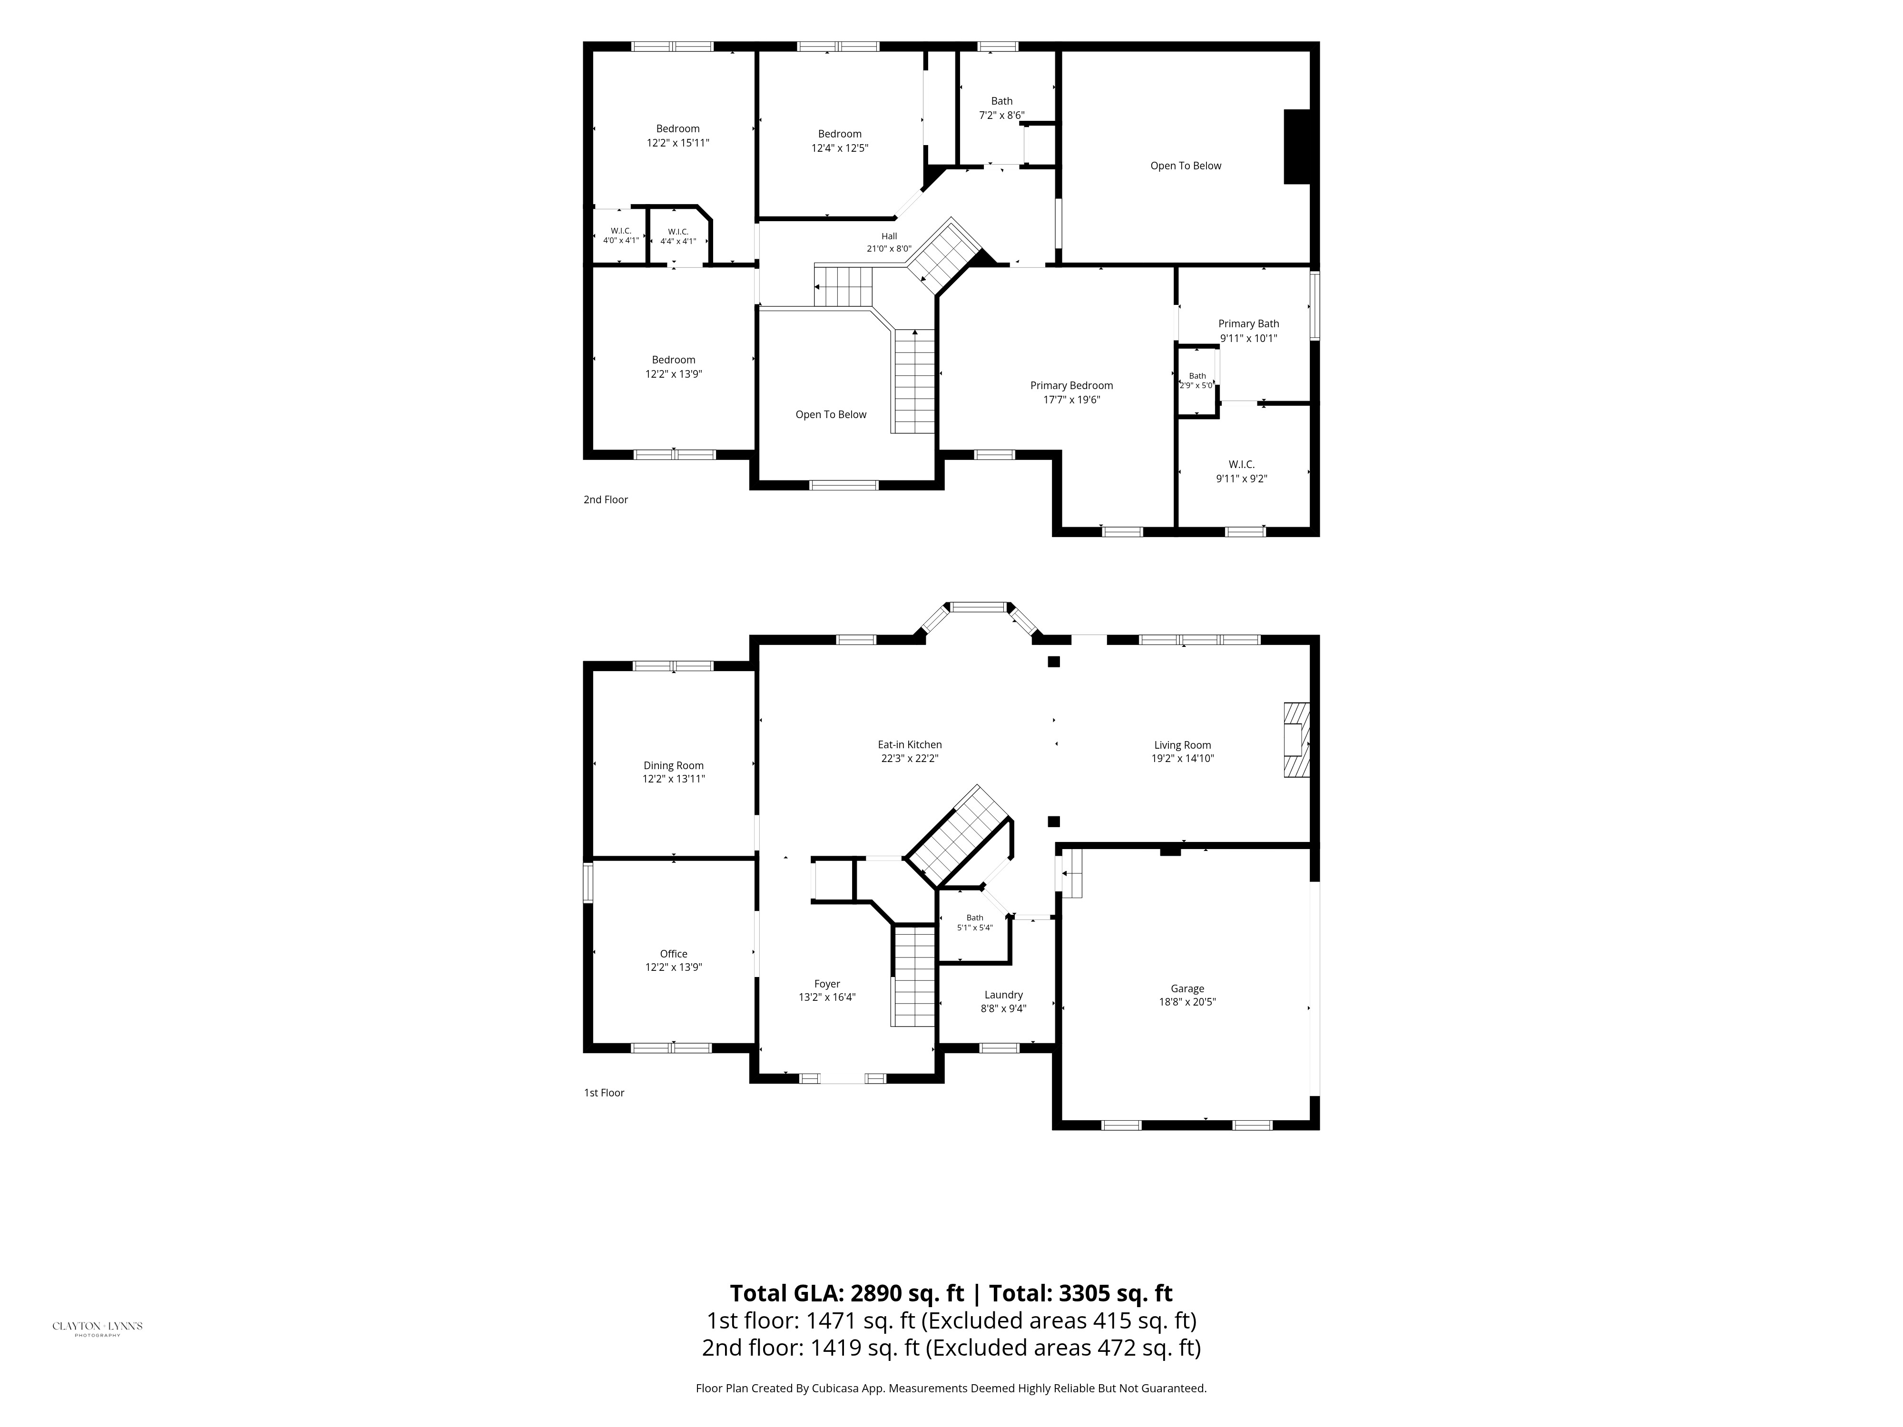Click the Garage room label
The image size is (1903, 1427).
pyautogui.click(x=1187, y=988)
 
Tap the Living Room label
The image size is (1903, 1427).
pyautogui.click(x=1183, y=745)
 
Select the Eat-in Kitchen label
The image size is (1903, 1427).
pyautogui.click(x=909, y=745)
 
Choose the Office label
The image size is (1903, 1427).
pyautogui.click(x=674, y=954)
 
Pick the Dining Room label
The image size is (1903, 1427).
pyautogui.click(x=674, y=765)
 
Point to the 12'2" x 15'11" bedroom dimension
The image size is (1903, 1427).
pyautogui.click(x=678, y=143)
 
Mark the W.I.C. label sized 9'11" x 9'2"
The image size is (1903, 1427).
pyautogui.click(x=1241, y=464)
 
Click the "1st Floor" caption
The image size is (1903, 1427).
pyautogui.click(x=604, y=1093)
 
